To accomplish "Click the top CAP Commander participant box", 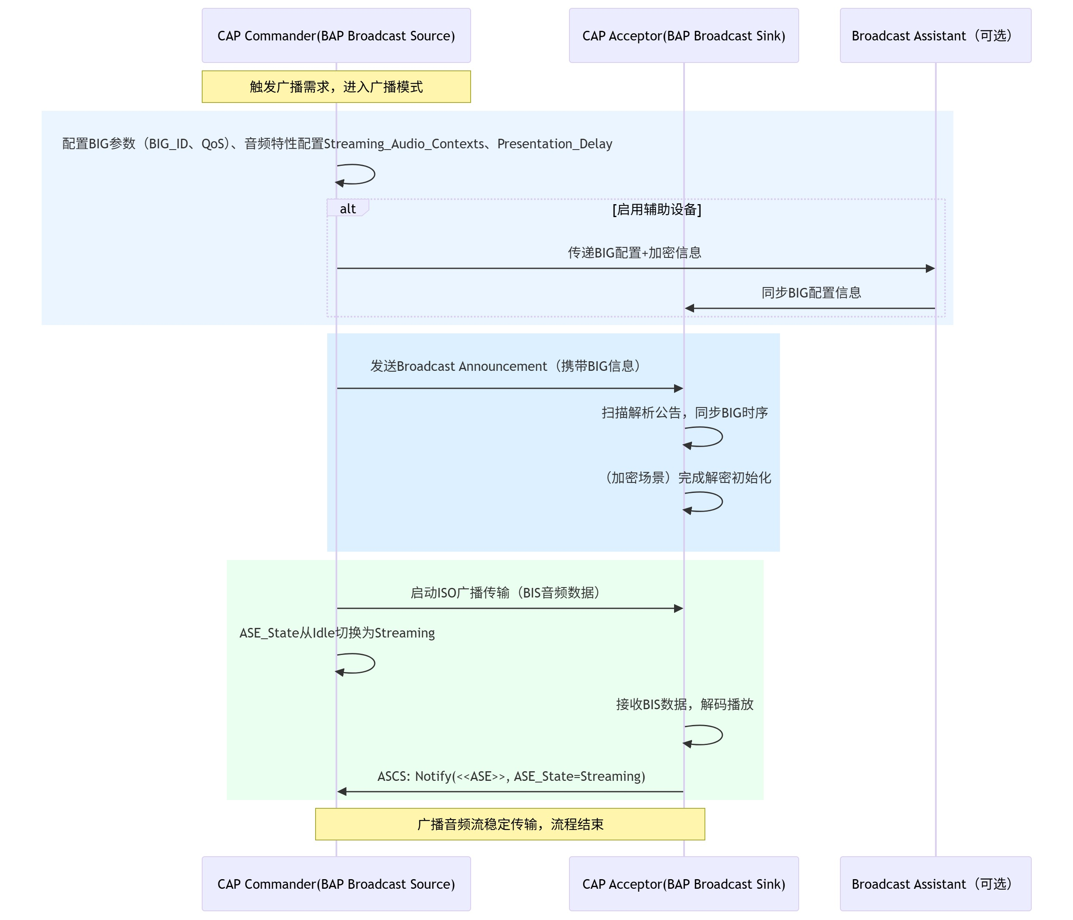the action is click(x=336, y=35).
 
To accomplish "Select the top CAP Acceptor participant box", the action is click(x=684, y=35).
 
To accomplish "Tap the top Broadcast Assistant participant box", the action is click(x=935, y=35).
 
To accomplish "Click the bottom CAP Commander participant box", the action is click(x=336, y=883).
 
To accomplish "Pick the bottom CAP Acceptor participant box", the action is click(x=684, y=883).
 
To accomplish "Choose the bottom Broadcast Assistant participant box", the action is click(x=935, y=883).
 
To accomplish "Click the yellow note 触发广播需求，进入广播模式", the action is click(x=336, y=87).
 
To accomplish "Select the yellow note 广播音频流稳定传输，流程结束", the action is click(x=510, y=824).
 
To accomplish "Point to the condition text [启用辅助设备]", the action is click(x=657, y=209).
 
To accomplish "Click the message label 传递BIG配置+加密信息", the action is click(x=634, y=252).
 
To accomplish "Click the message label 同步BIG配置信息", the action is click(x=811, y=292).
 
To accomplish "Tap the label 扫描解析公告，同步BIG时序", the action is click(x=684, y=412).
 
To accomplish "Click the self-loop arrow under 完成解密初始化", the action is click(x=703, y=502).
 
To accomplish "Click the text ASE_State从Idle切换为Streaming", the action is click(x=337, y=632).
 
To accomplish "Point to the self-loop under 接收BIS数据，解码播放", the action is click(x=703, y=735).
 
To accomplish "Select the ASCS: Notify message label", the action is click(x=511, y=776).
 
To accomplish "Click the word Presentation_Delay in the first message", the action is click(x=554, y=143).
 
